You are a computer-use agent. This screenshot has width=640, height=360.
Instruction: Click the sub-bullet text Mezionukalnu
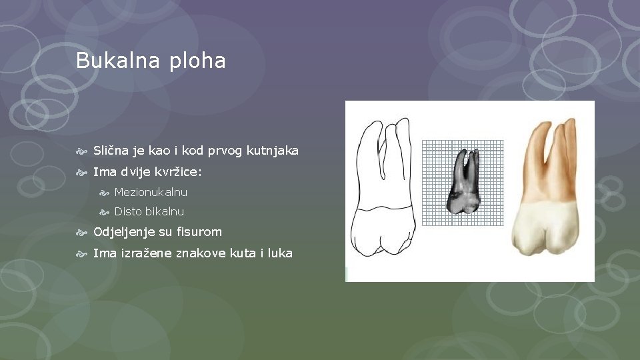point(151,192)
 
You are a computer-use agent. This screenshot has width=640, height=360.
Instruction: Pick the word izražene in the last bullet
point(146,253)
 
